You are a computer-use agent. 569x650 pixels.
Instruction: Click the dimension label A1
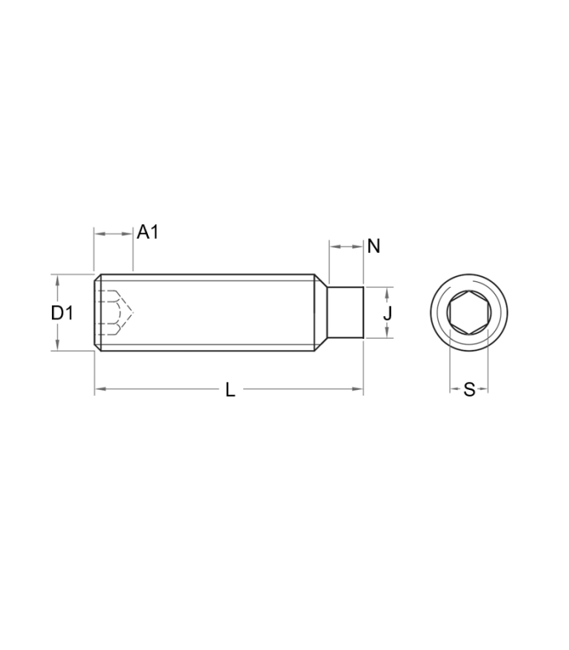pos(148,232)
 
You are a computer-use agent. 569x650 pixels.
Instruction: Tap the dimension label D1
pos(62,313)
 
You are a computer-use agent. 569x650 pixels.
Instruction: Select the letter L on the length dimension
pos(230,390)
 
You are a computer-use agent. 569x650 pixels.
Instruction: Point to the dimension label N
pos(374,247)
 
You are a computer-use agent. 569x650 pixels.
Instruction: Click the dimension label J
pos(388,313)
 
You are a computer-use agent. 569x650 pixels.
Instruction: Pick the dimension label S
pos(469,390)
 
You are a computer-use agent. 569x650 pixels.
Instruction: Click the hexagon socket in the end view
pos(469,312)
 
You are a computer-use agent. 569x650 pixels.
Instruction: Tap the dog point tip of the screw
pos(345,312)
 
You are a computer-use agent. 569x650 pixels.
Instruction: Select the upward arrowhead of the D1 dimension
pos(58,279)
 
